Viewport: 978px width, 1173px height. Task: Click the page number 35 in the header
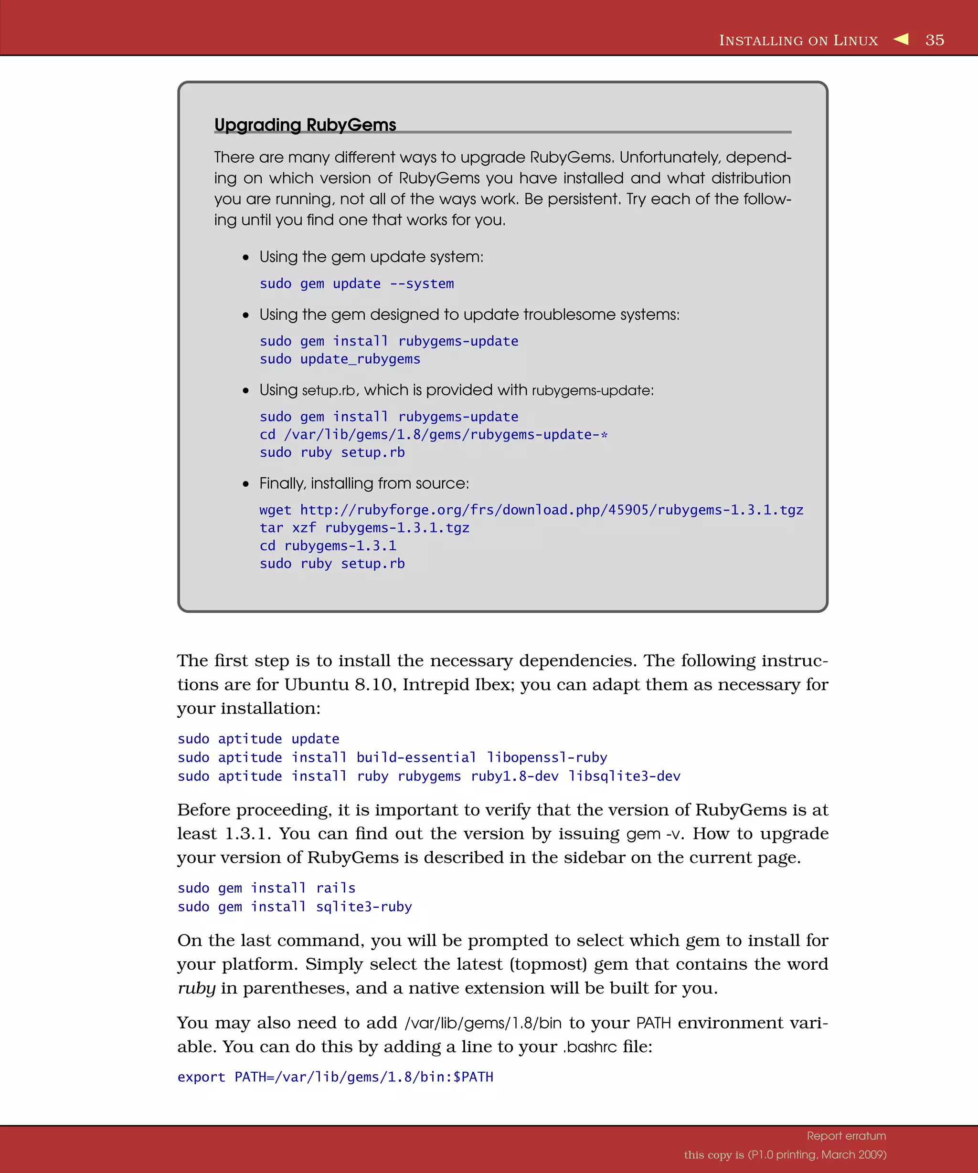pyautogui.click(x=935, y=40)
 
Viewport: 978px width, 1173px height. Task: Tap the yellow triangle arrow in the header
pyautogui.click(x=901, y=39)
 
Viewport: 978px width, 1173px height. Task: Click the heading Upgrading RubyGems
pyautogui.click(x=305, y=125)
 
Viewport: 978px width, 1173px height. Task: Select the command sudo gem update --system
pyautogui.click(x=357, y=284)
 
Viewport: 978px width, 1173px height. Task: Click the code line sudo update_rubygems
pyautogui.click(x=340, y=359)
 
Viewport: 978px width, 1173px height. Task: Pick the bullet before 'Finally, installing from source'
pyautogui.click(x=245, y=484)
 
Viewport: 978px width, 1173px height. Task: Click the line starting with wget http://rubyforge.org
pyautogui.click(x=531, y=510)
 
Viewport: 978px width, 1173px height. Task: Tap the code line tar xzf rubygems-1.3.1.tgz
pyautogui.click(x=364, y=528)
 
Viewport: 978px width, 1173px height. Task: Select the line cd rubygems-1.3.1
pyautogui.click(x=328, y=546)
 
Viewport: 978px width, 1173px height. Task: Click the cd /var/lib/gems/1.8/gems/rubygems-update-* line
pyautogui.click(x=433, y=435)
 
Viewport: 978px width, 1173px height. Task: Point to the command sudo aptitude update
pyautogui.click(x=258, y=739)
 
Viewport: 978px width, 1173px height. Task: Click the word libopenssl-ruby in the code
pyautogui.click(x=547, y=757)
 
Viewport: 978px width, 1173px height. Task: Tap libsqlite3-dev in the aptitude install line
pyautogui.click(x=624, y=776)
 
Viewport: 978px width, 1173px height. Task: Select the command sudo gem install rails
pyautogui.click(x=266, y=888)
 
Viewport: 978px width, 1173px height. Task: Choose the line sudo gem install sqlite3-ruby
pyautogui.click(x=295, y=907)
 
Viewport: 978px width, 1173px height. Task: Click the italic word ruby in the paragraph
pyautogui.click(x=196, y=988)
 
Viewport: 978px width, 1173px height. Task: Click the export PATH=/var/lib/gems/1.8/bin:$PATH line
pyautogui.click(x=335, y=1077)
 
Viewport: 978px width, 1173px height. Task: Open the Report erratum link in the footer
pyautogui.click(x=846, y=1136)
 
